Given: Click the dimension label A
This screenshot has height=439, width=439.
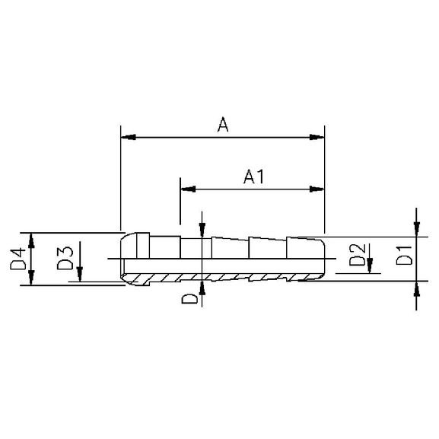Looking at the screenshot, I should pos(223,125).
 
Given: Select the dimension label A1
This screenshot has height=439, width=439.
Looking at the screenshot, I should pos(253,177).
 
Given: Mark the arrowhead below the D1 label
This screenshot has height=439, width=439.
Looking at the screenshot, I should pos(418,288).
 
